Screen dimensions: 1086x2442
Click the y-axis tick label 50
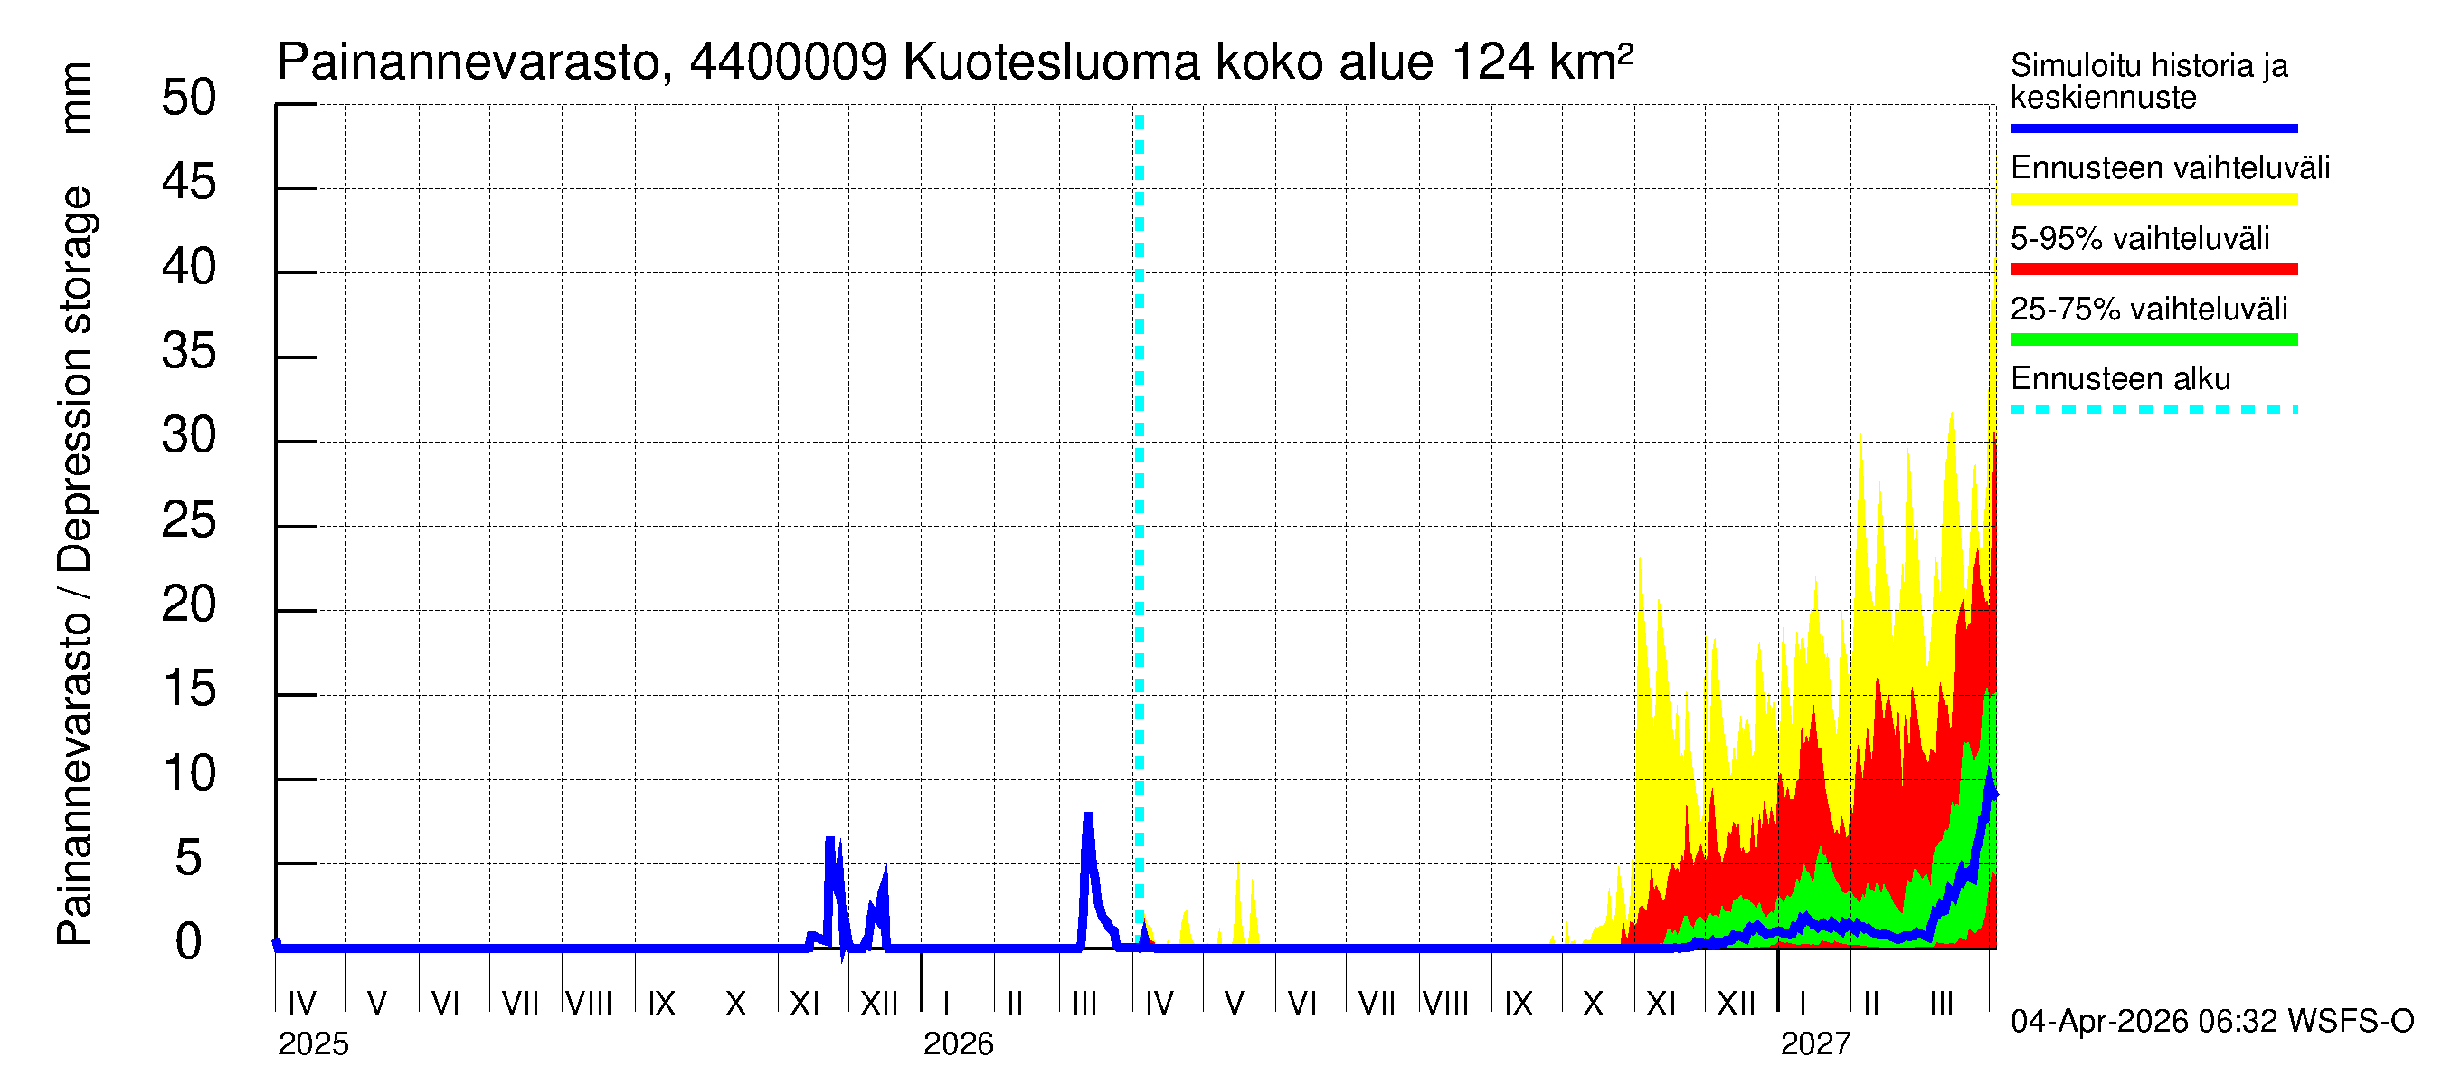tap(189, 98)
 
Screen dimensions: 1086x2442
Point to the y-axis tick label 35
tap(189, 352)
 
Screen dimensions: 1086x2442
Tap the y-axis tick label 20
tap(189, 605)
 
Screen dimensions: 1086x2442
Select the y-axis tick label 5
tap(189, 858)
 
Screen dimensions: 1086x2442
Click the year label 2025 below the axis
tap(313, 1044)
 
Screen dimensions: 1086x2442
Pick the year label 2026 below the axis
tap(958, 1044)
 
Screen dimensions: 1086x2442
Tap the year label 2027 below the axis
tap(1814, 1044)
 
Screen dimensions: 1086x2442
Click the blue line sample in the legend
tap(2153, 128)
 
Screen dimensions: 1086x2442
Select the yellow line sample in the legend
tap(2153, 199)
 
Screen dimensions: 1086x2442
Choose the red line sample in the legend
tap(2153, 270)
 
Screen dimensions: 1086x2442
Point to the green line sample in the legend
tap(2153, 339)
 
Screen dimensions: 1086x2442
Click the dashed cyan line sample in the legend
tap(2153, 411)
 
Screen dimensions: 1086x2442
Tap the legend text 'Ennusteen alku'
tap(2120, 379)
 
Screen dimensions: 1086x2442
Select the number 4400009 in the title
tap(788, 63)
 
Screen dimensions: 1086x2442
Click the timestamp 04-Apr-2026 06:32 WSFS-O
tap(2211, 1022)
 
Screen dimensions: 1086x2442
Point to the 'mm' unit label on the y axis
tap(76, 98)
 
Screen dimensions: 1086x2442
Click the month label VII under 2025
tap(519, 1003)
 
